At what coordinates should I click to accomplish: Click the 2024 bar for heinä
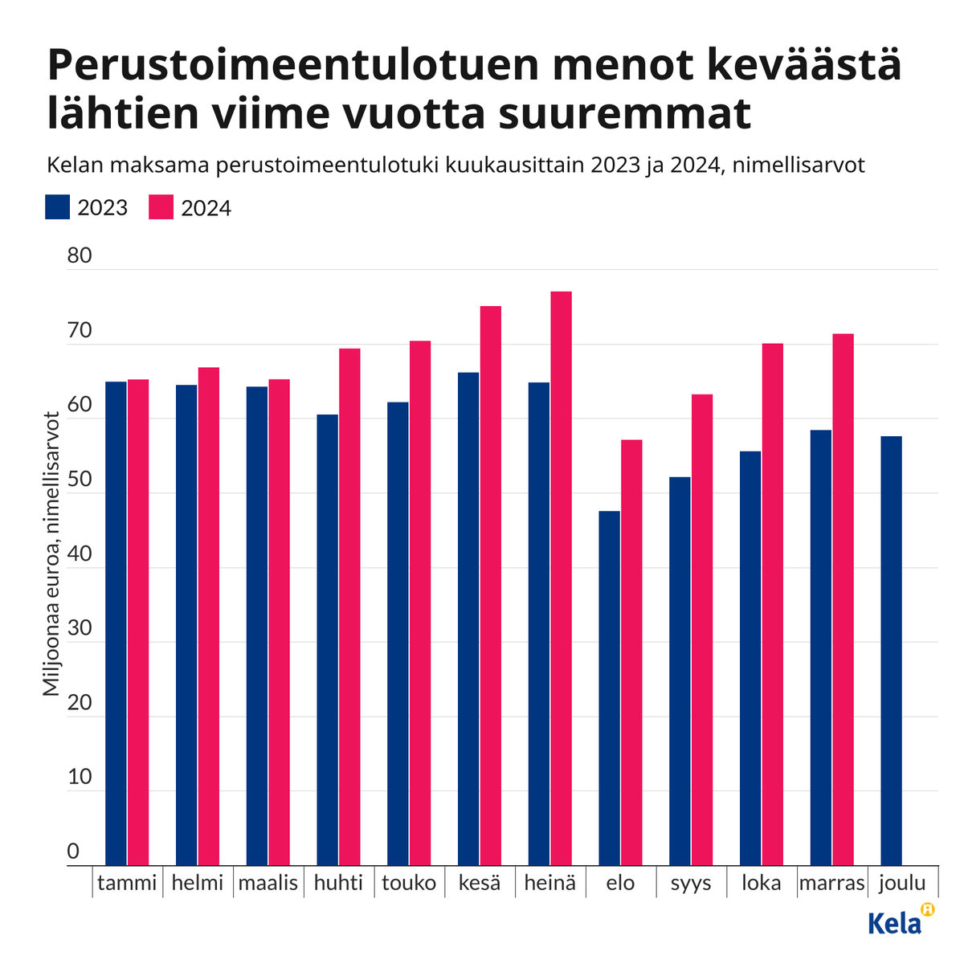tap(561, 578)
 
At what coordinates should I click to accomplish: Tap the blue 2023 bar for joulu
tap(891, 651)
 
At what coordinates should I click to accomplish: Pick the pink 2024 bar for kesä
tap(490, 586)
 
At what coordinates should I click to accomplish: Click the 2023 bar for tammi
tap(116, 623)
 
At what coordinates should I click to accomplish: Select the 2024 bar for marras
tap(843, 599)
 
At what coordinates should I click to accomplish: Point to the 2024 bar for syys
tap(702, 630)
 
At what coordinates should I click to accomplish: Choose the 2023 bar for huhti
tap(327, 639)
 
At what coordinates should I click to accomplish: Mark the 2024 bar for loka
tap(772, 604)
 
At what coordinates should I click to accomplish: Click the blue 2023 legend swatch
tap(59, 207)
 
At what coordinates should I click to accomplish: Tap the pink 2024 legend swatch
tap(161, 207)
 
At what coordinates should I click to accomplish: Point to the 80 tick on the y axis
tap(80, 256)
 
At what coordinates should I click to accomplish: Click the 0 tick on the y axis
tap(73, 852)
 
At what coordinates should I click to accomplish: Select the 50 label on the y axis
tap(80, 480)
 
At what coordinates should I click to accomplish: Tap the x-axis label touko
tap(409, 883)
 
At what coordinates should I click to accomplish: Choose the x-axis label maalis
tap(268, 883)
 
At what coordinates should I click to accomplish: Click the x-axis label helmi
tap(198, 883)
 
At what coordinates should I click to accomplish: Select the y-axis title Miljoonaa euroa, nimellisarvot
tap(51, 554)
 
